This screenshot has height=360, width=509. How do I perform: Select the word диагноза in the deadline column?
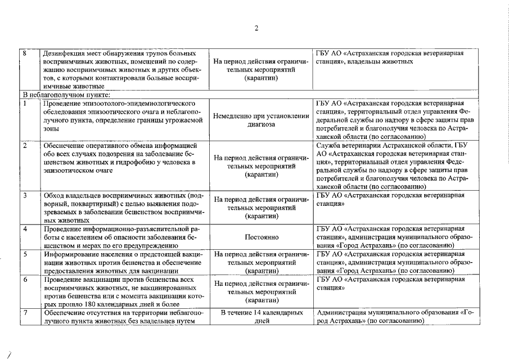tap(262, 124)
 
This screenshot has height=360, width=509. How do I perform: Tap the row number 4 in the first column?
tap(25, 229)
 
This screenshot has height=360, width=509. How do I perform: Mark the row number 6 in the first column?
tap(25, 280)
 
